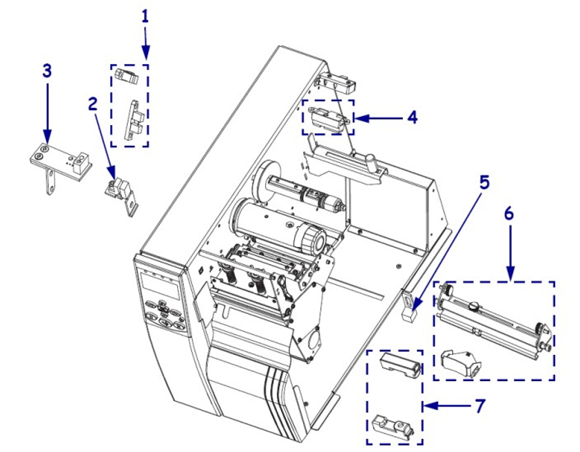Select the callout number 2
[x=92, y=103]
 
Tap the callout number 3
[x=47, y=71]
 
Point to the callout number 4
[x=412, y=118]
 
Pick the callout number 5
[x=484, y=182]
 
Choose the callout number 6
[x=509, y=214]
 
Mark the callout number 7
[x=479, y=405]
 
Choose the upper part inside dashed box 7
[x=399, y=365]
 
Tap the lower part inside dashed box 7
[x=391, y=426]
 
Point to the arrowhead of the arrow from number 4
[x=357, y=118]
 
